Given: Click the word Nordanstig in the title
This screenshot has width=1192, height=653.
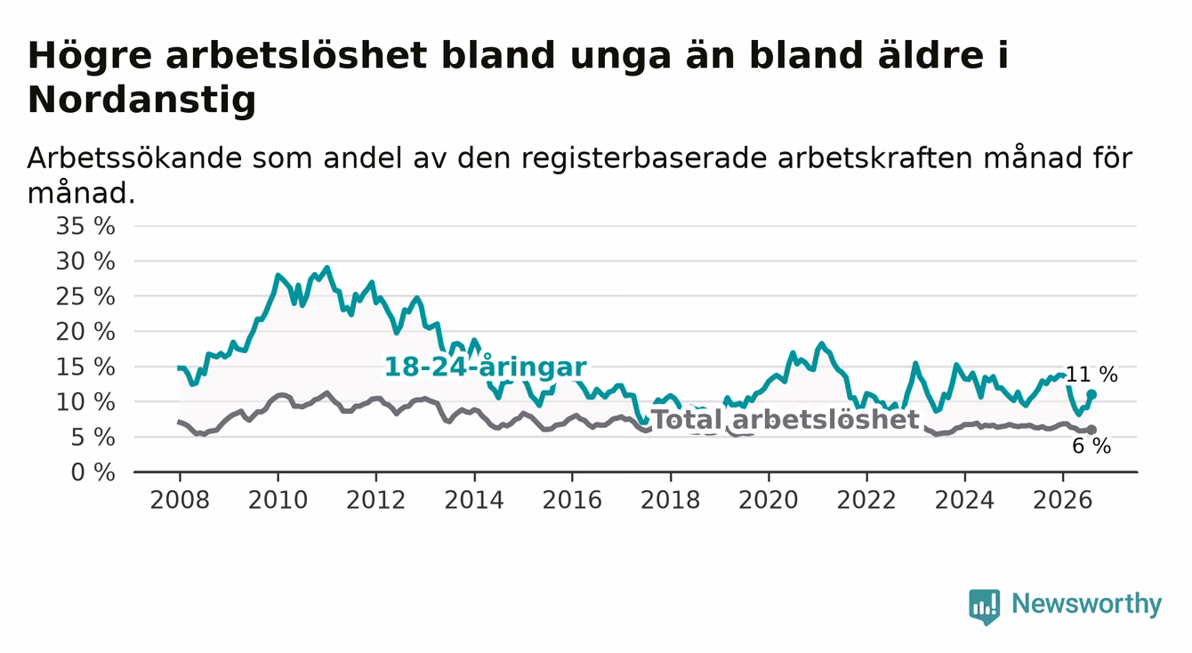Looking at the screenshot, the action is (x=141, y=100).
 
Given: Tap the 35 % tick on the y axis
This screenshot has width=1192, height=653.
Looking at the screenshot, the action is (x=85, y=226).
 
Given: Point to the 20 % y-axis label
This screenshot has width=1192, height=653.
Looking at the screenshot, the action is (x=85, y=332).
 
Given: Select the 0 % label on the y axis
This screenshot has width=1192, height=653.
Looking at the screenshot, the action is (x=93, y=472).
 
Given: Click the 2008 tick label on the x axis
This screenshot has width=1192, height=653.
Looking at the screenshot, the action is (x=180, y=500).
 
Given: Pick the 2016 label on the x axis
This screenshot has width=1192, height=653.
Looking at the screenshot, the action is (x=572, y=500).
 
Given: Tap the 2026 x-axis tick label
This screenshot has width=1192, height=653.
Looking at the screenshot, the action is (x=1063, y=500).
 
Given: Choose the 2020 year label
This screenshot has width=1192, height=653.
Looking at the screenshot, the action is (x=769, y=500).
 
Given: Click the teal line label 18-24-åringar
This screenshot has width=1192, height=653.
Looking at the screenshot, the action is (x=486, y=367).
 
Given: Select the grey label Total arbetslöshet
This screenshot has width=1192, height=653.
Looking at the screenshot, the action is (x=785, y=419).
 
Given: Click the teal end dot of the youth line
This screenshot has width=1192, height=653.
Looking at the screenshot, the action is (x=1091, y=394).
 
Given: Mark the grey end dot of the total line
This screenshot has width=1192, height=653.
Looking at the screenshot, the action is (x=1091, y=430).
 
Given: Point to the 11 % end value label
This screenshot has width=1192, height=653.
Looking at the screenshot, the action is (x=1091, y=375).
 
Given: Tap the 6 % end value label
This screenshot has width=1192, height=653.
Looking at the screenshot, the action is (x=1091, y=446).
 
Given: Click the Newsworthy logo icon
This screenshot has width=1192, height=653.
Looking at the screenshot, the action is (x=985, y=607).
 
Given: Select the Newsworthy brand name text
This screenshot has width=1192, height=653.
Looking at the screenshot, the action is (x=1087, y=604).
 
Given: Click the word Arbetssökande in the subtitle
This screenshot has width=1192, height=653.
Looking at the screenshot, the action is (x=135, y=157).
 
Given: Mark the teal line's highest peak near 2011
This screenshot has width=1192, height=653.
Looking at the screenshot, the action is (x=326, y=268).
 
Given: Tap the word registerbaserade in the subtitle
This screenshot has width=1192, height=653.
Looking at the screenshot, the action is (x=644, y=158).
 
